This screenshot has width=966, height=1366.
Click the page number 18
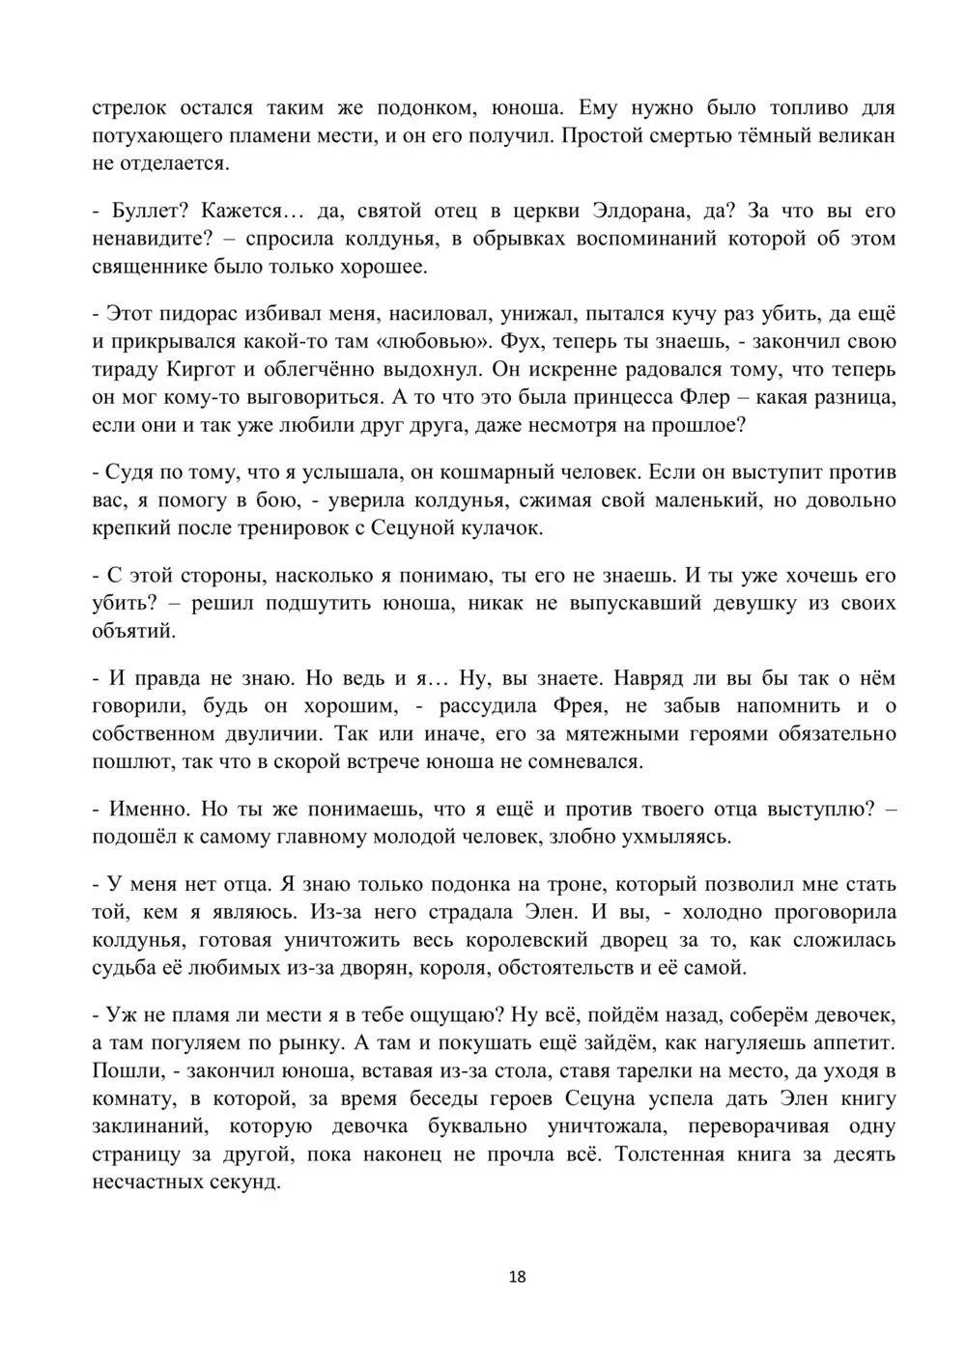coord(517,1276)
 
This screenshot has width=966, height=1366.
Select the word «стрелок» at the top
coord(130,108)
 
